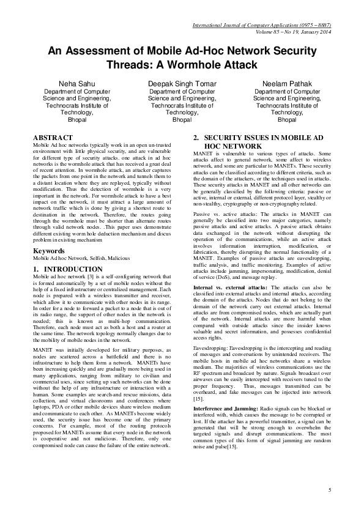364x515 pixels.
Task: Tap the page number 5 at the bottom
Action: click(x=329, y=490)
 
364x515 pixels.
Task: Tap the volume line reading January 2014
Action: click(x=292, y=31)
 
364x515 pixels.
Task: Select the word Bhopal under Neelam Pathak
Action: click(x=287, y=119)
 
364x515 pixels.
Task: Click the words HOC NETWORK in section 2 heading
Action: click(x=233, y=147)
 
